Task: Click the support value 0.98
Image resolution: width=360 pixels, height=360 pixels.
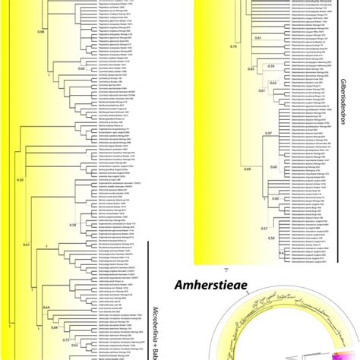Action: [x=41, y=33]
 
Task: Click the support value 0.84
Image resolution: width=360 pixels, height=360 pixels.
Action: [x=54, y=327]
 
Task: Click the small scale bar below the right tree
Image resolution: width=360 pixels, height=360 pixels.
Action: [x=226, y=268]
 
